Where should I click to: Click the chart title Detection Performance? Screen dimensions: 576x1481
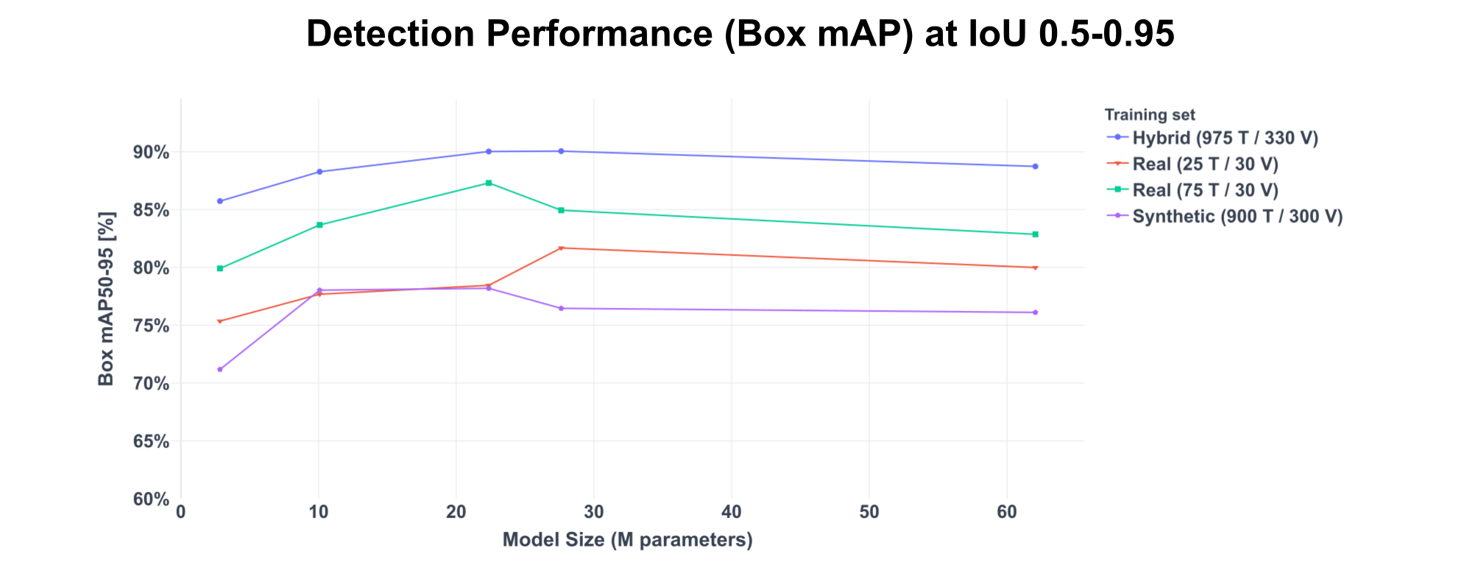click(740, 35)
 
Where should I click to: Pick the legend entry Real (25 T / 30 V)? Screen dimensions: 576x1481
click(1205, 164)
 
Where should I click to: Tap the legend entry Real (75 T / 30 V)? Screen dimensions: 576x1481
click(1205, 190)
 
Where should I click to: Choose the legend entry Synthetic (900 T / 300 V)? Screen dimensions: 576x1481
click(1237, 217)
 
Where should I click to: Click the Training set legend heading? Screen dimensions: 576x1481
click(1149, 115)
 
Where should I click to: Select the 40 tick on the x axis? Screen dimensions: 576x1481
click(731, 513)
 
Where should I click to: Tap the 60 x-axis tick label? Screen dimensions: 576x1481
click(1006, 513)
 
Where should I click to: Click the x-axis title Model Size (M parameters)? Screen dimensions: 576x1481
click(627, 541)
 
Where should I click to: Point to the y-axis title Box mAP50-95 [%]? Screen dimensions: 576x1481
click(107, 299)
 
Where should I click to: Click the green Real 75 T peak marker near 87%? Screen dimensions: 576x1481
click(488, 183)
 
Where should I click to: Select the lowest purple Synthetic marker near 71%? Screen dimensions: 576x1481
click(220, 369)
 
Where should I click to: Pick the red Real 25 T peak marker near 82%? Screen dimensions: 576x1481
click(561, 248)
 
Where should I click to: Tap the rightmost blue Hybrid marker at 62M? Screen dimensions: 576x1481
click(1035, 166)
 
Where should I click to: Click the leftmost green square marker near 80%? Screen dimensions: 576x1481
click(220, 268)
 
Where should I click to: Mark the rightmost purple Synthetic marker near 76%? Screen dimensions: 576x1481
click(1035, 312)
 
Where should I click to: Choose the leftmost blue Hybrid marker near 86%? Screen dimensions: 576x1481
click(220, 201)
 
